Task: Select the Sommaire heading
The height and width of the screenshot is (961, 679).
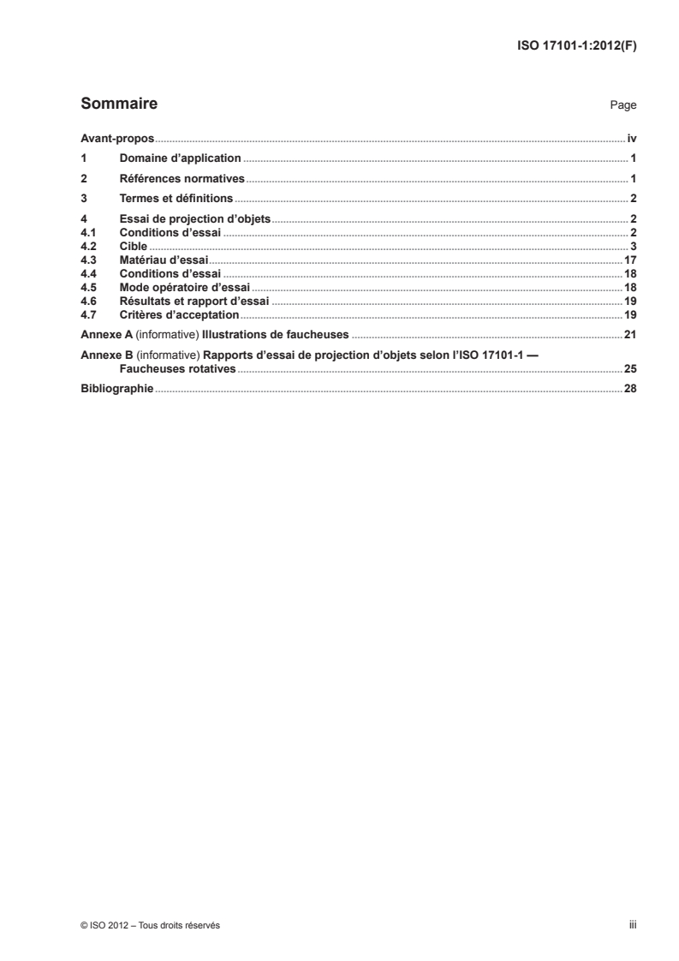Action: pos(118,104)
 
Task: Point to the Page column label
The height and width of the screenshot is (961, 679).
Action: pos(622,105)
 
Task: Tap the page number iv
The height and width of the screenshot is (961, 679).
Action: pos(631,138)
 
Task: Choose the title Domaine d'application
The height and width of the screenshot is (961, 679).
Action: pos(181,158)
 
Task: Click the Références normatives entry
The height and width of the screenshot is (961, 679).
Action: pos(182,179)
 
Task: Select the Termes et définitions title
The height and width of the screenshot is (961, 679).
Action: pos(176,200)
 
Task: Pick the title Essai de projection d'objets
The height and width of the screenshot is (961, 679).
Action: pos(194,220)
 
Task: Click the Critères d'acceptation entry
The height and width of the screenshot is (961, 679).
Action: pos(179,315)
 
